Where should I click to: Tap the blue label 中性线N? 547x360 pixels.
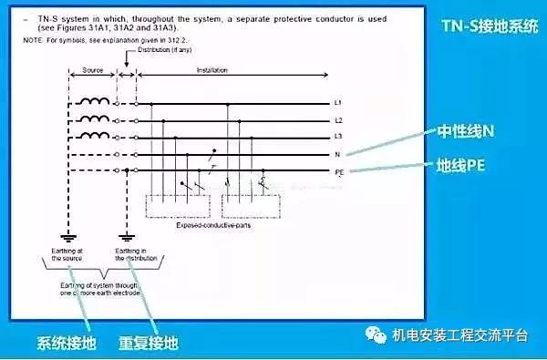pyautogui.click(x=463, y=132)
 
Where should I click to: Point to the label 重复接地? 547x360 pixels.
pyautogui.click(x=148, y=345)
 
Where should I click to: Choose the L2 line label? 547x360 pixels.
pyautogui.click(x=339, y=121)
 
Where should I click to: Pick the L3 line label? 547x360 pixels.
pyautogui.click(x=339, y=138)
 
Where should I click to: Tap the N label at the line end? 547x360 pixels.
pyautogui.click(x=337, y=154)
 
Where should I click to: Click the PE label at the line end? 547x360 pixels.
pyautogui.click(x=339, y=170)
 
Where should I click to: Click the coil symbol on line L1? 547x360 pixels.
pyautogui.click(x=94, y=102)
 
